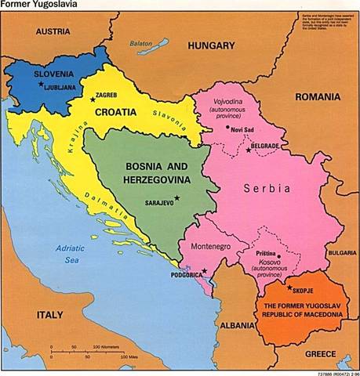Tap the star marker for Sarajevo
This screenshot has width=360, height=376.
click(x=177, y=197)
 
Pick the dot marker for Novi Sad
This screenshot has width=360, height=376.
click(x=228, y=127)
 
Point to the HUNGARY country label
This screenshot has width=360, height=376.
click(x=211, y=46)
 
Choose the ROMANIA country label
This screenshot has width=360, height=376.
click(x=317, y=97)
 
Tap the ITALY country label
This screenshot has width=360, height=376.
click(x=49, y=314)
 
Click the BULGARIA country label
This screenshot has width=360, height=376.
click(x=342, y=253)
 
